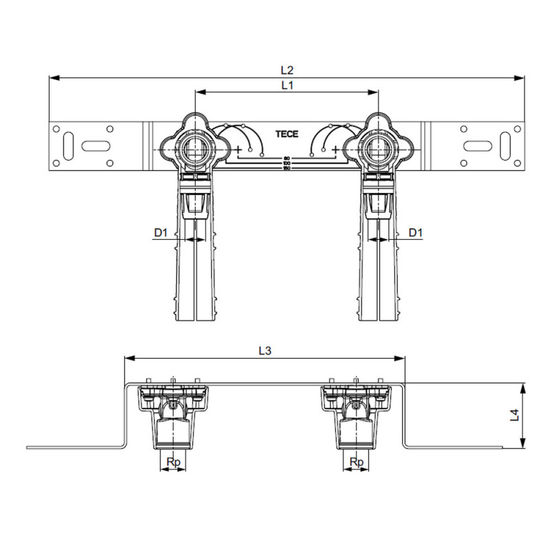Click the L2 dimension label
(287, 70)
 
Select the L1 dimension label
(287, 85)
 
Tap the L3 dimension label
(264, 351)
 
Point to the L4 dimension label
(513, 415)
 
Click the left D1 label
(160, 233)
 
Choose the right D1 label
(415, 233)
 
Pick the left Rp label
(174, 461)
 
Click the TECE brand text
(287, 134)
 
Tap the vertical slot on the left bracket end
(67, 145)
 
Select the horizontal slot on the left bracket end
(95, 145)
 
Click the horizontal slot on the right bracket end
(478, 145)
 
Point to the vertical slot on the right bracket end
(506, 145)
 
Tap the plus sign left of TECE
(238, 149)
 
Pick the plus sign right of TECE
(335, 149)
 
